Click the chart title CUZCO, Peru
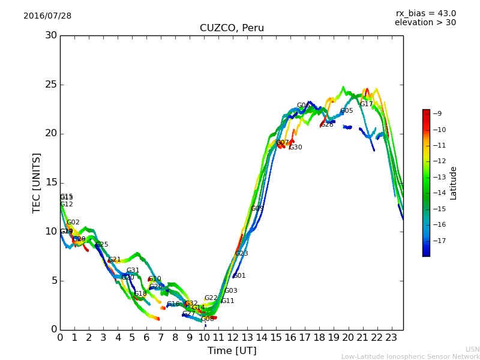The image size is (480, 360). click(232, 28)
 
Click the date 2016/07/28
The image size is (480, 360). click(47, 16)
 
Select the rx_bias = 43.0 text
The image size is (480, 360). click(425, 14)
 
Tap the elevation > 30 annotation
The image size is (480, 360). click(425, 23)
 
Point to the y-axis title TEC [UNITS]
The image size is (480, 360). click(37, 182)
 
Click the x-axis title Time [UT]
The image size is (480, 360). click(232, 351)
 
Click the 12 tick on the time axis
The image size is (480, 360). click(233, 338)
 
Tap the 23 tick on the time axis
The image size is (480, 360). click(391, 338)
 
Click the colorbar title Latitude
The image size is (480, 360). click(454, 183)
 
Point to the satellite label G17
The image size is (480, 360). click(366, 104)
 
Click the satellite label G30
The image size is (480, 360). click(296, 148)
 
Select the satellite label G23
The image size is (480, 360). click(241, 254)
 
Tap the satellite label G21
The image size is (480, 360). click(115, 260)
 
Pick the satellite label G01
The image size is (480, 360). click(239, 276)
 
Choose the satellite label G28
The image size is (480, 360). click(327, 125)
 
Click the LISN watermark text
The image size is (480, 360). click(472, 349)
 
